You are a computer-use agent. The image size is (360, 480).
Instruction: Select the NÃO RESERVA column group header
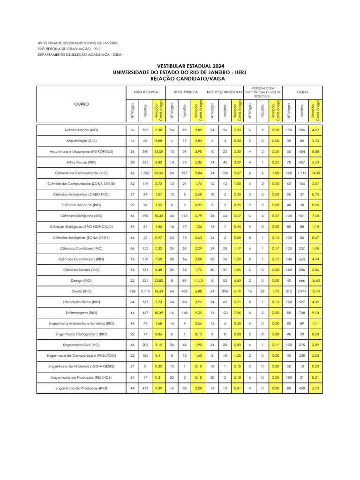click(146, 92)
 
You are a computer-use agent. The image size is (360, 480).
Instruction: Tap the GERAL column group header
click(302, 92)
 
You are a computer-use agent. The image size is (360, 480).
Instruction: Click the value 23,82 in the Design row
click(158, 280)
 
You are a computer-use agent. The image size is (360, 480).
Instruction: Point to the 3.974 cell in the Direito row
click(302, 291)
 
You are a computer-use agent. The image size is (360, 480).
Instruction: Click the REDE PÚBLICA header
click(186, 92)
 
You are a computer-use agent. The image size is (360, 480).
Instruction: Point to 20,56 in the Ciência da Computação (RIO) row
click(158, 172)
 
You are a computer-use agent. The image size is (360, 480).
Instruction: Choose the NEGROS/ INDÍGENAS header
click(225, 92)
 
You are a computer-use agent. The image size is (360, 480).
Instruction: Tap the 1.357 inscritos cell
click(145, 172)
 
